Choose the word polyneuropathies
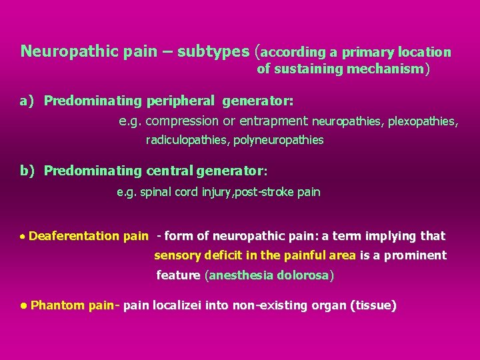coord(282,140)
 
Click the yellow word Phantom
coord(57,305)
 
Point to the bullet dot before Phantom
coord(23,306)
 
